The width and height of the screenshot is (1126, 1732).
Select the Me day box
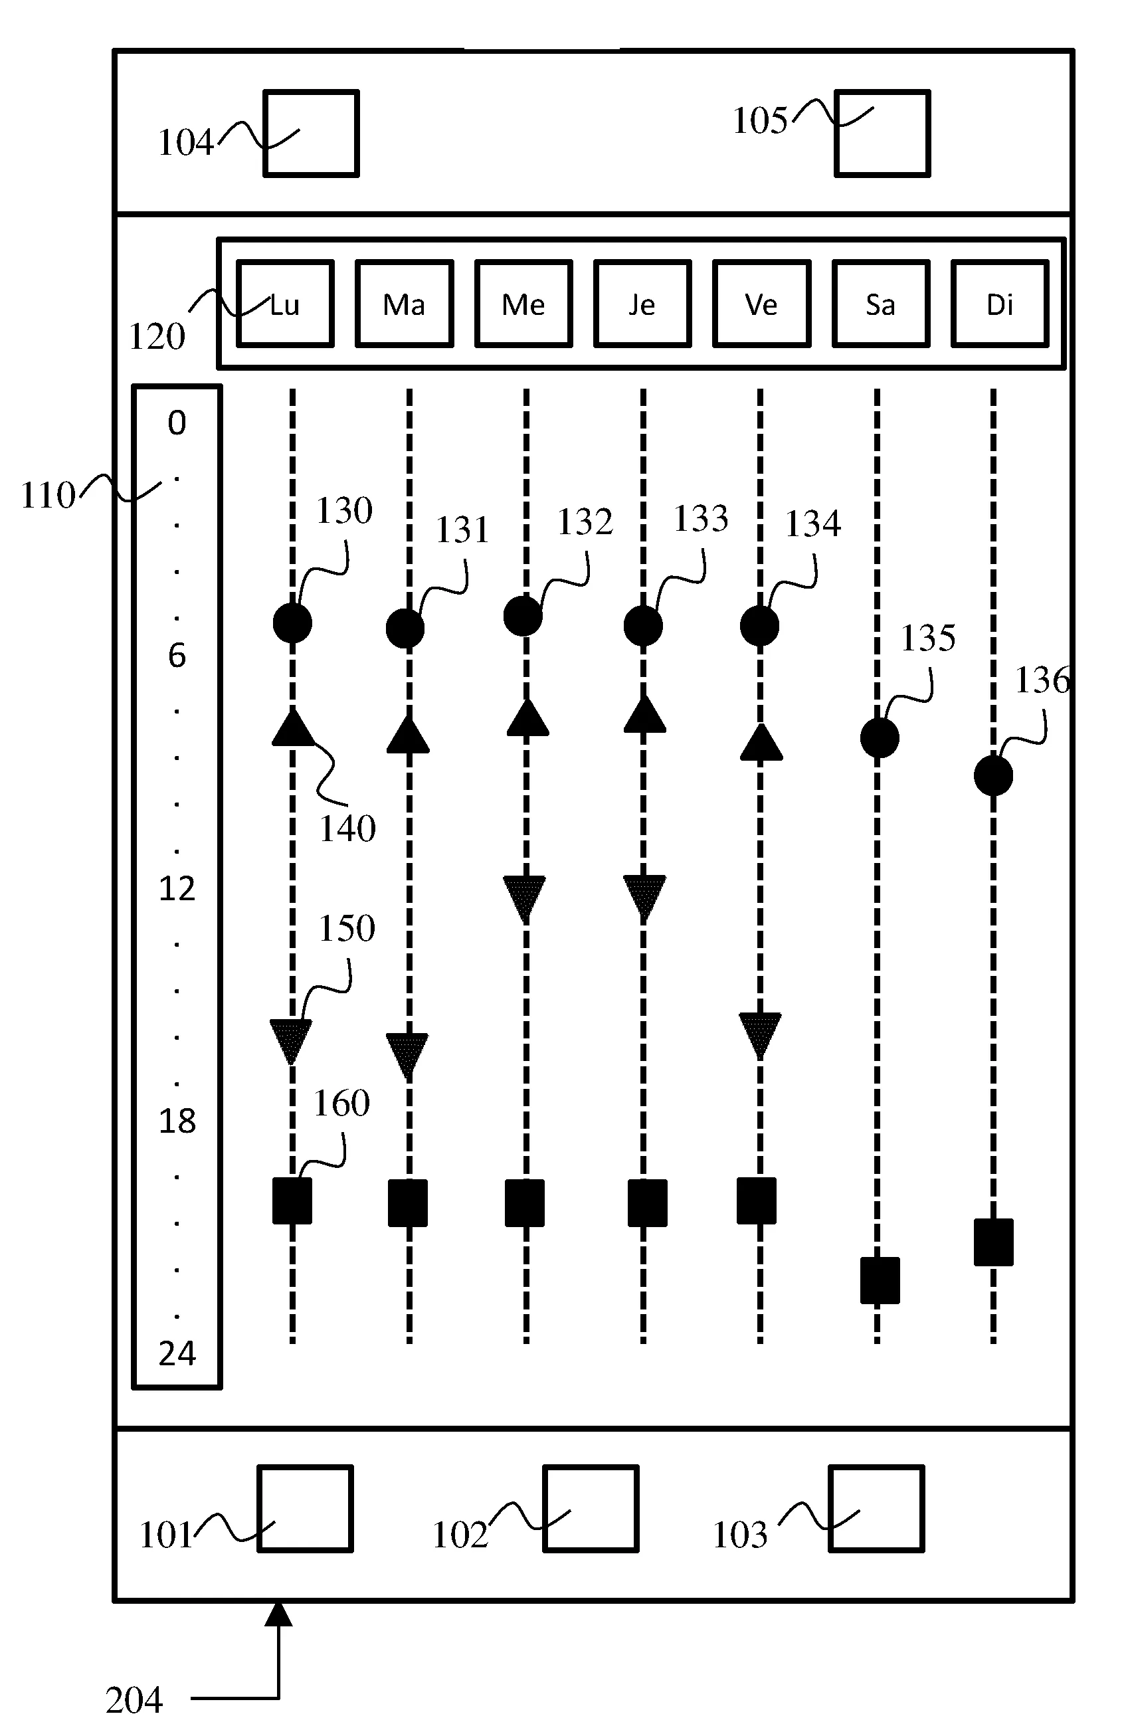coord(523,304)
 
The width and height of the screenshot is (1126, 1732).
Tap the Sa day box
coord(881,304)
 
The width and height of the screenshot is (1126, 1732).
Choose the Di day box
coord(1000,304)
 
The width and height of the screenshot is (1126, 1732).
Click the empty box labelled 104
coord(311,133)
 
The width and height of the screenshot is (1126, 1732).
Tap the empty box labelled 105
coord(882,133)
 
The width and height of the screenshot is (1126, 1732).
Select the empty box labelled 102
coord(591,1509)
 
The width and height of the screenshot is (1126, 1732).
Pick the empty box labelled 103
coord(876,1509)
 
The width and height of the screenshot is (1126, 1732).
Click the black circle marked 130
coord(292,623)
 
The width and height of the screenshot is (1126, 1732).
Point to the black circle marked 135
coord(880,738)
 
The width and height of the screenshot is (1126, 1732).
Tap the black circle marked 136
coord(994,776)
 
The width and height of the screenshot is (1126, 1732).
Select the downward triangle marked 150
coord(291,1039)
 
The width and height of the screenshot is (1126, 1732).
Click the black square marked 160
coord(292,1201)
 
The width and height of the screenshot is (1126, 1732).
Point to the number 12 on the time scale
coord(177,888)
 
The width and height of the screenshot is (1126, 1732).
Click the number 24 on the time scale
coord(177,1354)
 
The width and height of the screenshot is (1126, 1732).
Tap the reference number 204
coord(134,1700)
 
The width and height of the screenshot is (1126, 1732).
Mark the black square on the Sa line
coord(880,1280)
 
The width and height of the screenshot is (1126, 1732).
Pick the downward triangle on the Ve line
coord(761,1033)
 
